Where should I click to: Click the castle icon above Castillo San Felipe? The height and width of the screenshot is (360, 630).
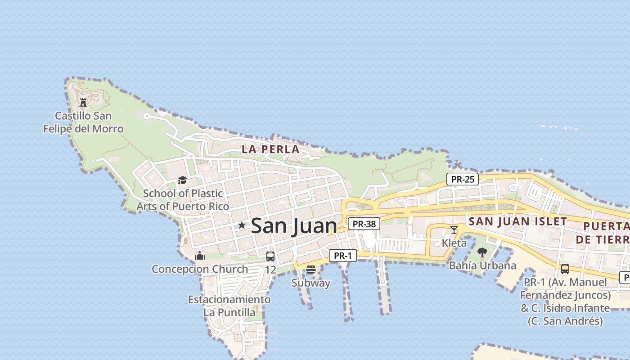coord(83,103)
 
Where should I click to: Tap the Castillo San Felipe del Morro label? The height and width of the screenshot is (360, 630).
coord(83,122)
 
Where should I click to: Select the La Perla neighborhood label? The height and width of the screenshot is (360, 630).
coord(270,149)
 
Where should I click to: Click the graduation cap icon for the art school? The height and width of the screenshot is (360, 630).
coord(182,180)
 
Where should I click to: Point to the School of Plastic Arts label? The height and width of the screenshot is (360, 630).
coord(183,200)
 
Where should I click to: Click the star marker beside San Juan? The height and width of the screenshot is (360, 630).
coord(242,225)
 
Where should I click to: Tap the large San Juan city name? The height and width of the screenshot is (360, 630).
coord(294,225)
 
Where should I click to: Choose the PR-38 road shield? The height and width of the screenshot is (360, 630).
coord(364,224)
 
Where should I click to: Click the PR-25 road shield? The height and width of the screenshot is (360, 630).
coord(463,179)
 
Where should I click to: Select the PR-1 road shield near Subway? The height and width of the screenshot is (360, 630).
coord(343,256)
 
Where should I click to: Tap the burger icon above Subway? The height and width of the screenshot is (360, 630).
coord(311,270)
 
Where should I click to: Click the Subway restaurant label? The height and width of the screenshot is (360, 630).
coord(311,283)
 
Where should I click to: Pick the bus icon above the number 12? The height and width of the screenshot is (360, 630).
coord(270,256)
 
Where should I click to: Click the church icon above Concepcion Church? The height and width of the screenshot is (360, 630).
coord(200,256)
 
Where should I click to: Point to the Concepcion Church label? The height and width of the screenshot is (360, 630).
coord(200,269)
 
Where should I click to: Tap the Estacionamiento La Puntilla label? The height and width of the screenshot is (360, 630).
coord(229,306)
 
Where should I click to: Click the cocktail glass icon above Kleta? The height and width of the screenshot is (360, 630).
coord(454,230)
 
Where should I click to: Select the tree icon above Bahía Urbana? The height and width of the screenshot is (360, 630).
coord(482,252)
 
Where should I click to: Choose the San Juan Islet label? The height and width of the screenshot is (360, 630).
coord(517,221)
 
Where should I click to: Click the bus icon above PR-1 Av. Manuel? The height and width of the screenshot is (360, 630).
coord(565,269)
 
